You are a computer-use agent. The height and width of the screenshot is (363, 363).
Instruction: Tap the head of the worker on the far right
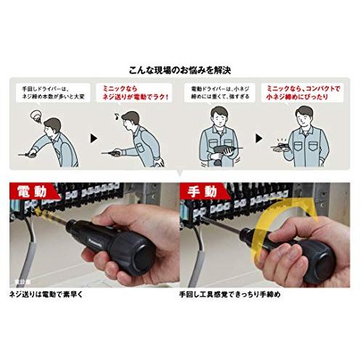306,116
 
